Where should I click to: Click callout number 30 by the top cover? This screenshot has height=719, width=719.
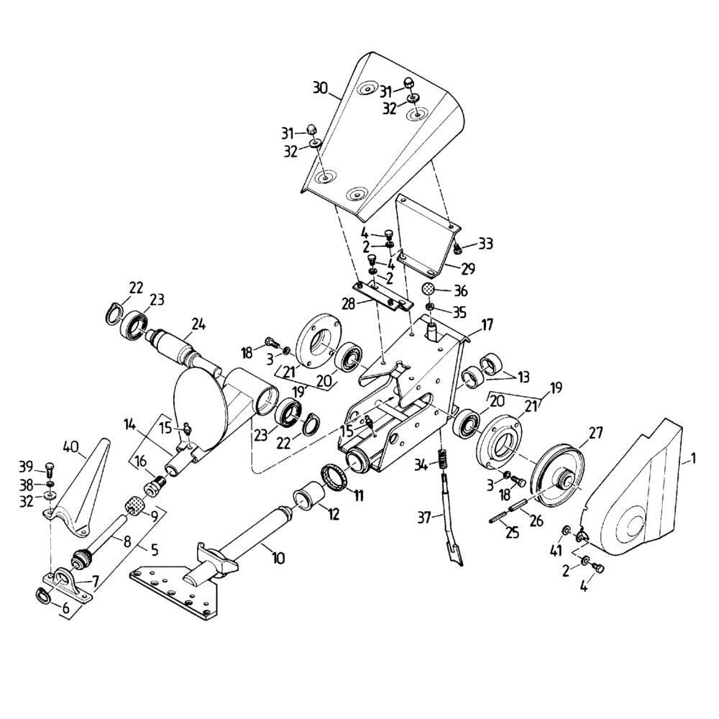pyautogui.click(x=321, y=89)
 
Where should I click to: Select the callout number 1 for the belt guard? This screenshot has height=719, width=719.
pyautogui.click(x=692, y=457)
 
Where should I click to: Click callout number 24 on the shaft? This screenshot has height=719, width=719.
pyautogui.click(x=198, y=324)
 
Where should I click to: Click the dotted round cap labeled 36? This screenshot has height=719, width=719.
pyautogui.click(x=429, y=289)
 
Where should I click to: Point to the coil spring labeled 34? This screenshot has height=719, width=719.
pyautogui.click(x=444, y=458)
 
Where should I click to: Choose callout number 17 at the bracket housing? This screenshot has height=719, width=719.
pyautogui.click(x=487, y=325)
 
